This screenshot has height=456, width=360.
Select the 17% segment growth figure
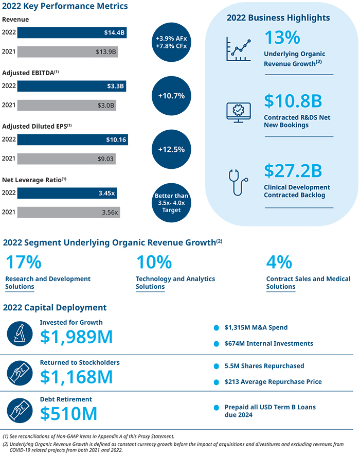tap(23, 263)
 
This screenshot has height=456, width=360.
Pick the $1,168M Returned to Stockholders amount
tap(76, 377)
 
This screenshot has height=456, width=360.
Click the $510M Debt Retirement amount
tap(68, 413)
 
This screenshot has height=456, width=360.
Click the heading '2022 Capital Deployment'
tap(55, 308)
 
